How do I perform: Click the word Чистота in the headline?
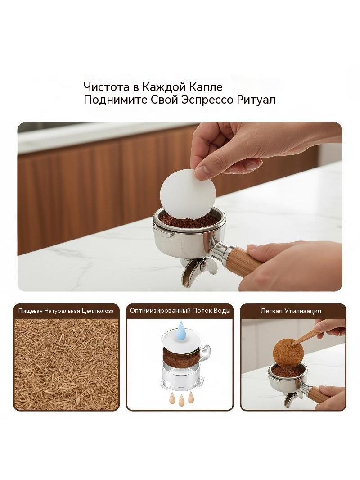(x=103, y=87)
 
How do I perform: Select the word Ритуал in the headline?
(x=256, y=100)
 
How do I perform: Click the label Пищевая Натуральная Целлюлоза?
(x=66, y=311)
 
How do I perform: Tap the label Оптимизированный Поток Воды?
(x=180, y=311)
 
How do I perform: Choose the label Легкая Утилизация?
(x=291, y=311)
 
